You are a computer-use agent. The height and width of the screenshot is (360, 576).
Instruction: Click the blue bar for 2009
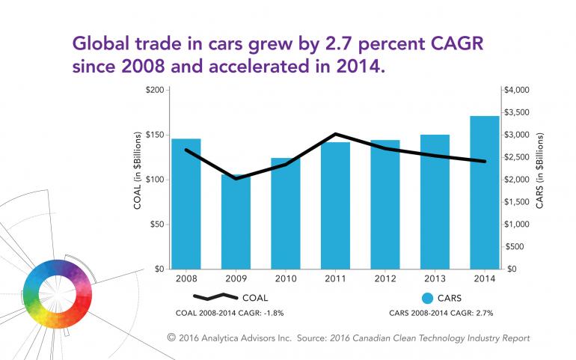click(236, 225)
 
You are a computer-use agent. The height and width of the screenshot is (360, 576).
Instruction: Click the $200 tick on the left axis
click(154, 91)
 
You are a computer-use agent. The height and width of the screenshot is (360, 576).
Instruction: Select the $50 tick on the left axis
click(156, 225)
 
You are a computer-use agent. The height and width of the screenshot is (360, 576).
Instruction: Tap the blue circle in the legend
click(428, 296)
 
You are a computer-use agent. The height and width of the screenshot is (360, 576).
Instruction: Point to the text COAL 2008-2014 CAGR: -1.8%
click(224, 312)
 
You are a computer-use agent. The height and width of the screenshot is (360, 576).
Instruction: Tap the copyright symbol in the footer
click(172, 338)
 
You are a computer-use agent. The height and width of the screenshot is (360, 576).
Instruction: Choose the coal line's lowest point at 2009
click(236, 178)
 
